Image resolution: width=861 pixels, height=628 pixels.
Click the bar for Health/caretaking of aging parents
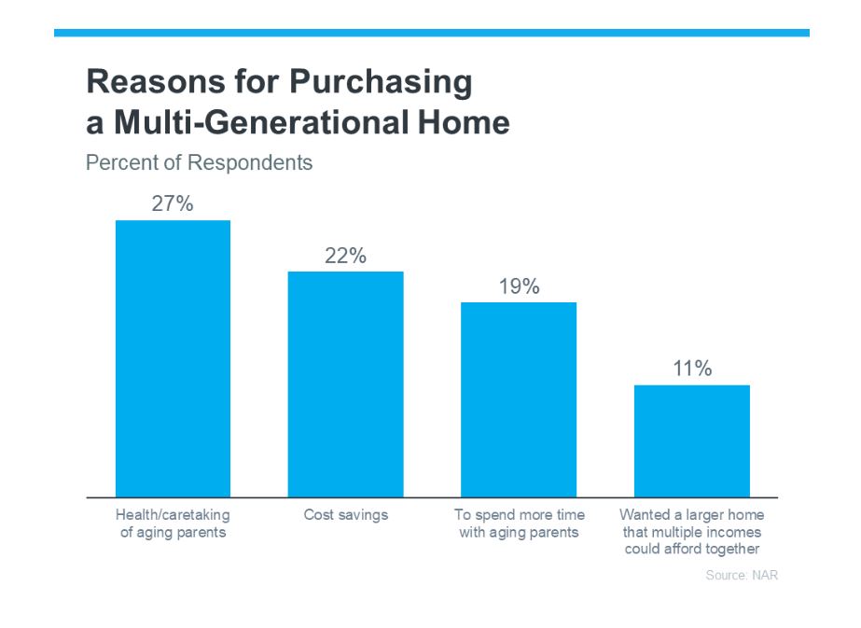pos(173,358)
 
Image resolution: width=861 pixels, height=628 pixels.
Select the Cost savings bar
pos(346,384)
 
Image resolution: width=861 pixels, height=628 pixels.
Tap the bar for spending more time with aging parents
pos(519,399)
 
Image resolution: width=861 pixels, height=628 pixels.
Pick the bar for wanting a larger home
pos(692,441)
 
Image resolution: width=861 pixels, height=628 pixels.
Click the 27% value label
pos(173,203)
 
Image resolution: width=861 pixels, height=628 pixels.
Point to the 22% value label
pos(345,256)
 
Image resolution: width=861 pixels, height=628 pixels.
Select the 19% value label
pos(519,286)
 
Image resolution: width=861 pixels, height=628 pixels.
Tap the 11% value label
pos(692,368)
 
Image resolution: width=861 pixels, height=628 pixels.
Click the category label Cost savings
pos(346,515)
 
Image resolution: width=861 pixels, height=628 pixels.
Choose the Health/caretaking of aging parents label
pos(173,523)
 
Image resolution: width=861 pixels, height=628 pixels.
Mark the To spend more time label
pos(520,515)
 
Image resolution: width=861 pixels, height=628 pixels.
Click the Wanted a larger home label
pos(692,515)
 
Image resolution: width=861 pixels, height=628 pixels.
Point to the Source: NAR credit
pos(742,575)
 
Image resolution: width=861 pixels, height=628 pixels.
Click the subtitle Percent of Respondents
pos(200,162)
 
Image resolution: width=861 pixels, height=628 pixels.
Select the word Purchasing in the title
pos(381,82)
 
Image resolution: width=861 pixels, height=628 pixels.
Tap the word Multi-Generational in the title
pos(260,122)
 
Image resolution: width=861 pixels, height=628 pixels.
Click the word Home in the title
pos(464,122)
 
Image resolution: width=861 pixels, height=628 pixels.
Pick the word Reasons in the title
pos(156,81)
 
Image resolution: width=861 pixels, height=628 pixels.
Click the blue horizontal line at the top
pos(432,33)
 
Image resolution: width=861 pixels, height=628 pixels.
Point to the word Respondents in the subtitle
pos(250,162)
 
